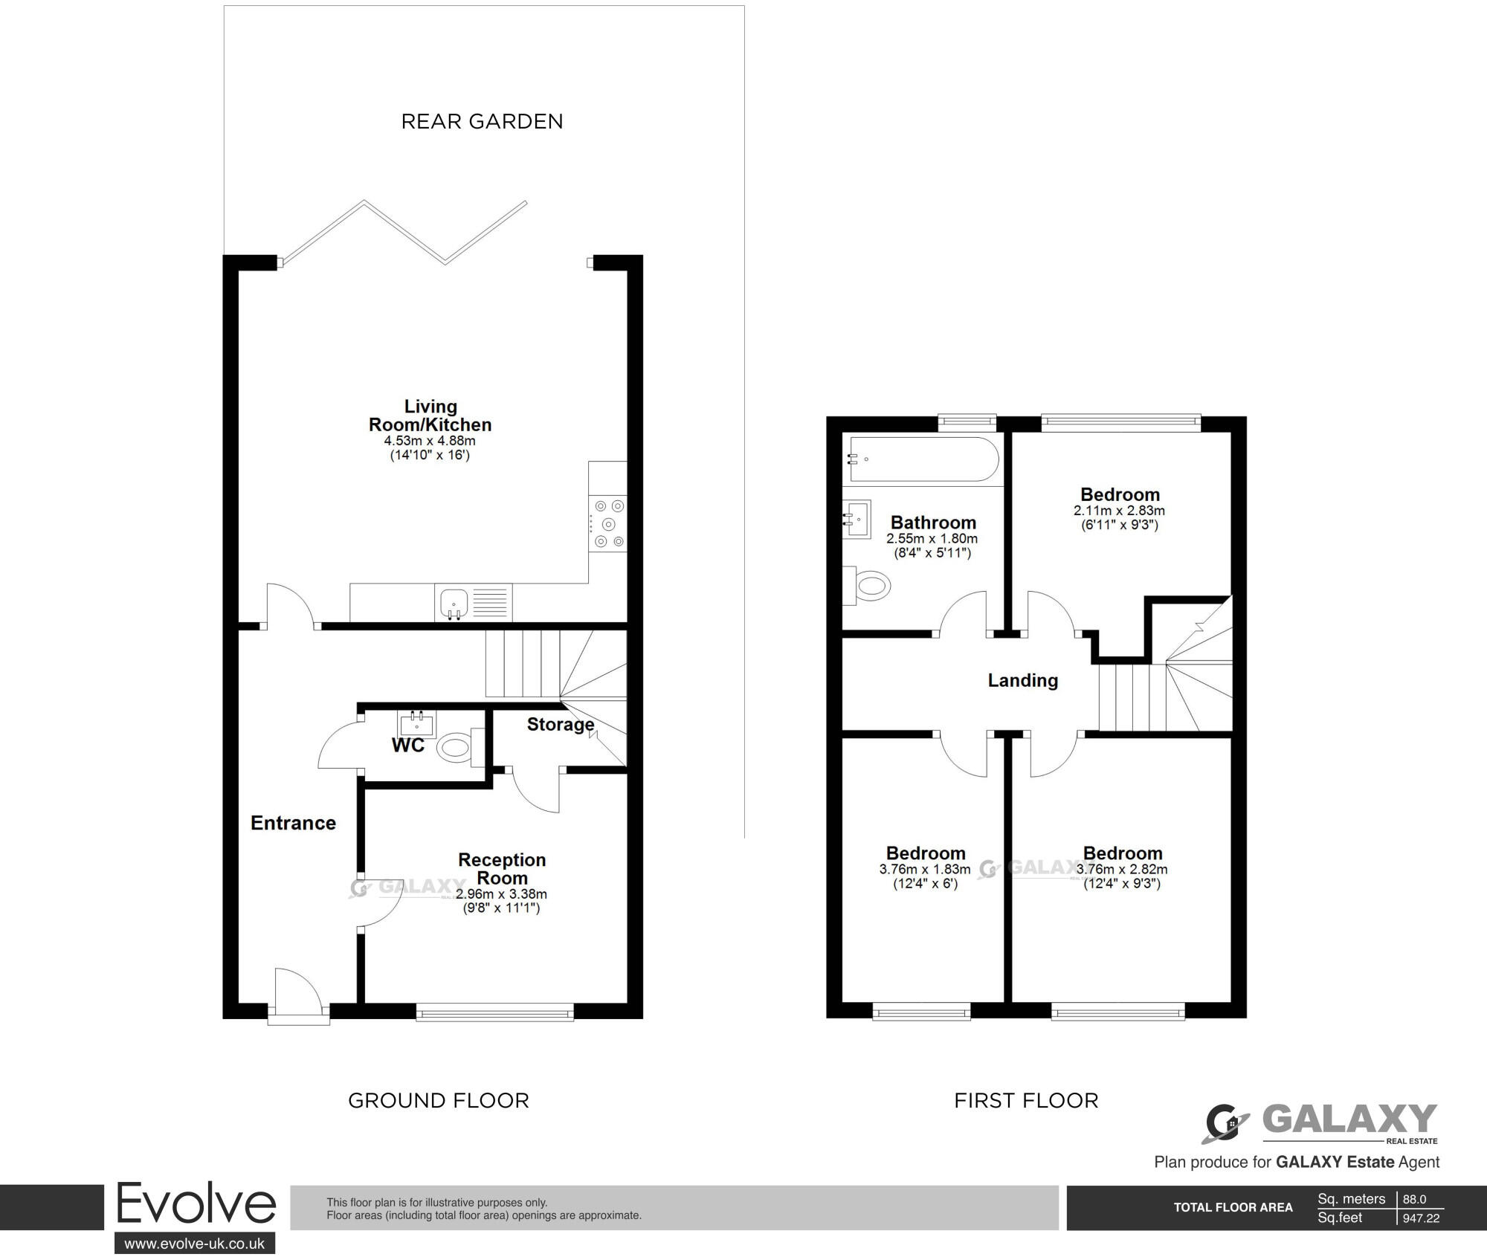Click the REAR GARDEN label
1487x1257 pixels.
[482, 121]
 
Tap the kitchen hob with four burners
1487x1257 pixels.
[607, 525]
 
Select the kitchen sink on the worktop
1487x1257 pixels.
[453, 602]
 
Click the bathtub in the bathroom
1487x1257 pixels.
[922, 460]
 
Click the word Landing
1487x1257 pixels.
[1022, 680]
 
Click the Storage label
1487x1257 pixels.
[561, 724]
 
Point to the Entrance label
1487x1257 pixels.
[293, 823]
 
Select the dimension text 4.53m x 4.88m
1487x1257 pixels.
[430, 441]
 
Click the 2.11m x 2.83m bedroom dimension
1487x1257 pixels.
[1119, 511]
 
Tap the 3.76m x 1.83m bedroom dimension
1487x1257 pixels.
[925, 869]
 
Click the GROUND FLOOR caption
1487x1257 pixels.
[439, 1100]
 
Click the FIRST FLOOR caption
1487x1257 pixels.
[1026, 1100]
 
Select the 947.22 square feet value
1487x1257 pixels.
[1420, 1218]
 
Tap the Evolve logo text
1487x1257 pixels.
[196, 1204]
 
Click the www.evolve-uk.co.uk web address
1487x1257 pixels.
[195, 1244]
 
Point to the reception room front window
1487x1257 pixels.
[494, 1011]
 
